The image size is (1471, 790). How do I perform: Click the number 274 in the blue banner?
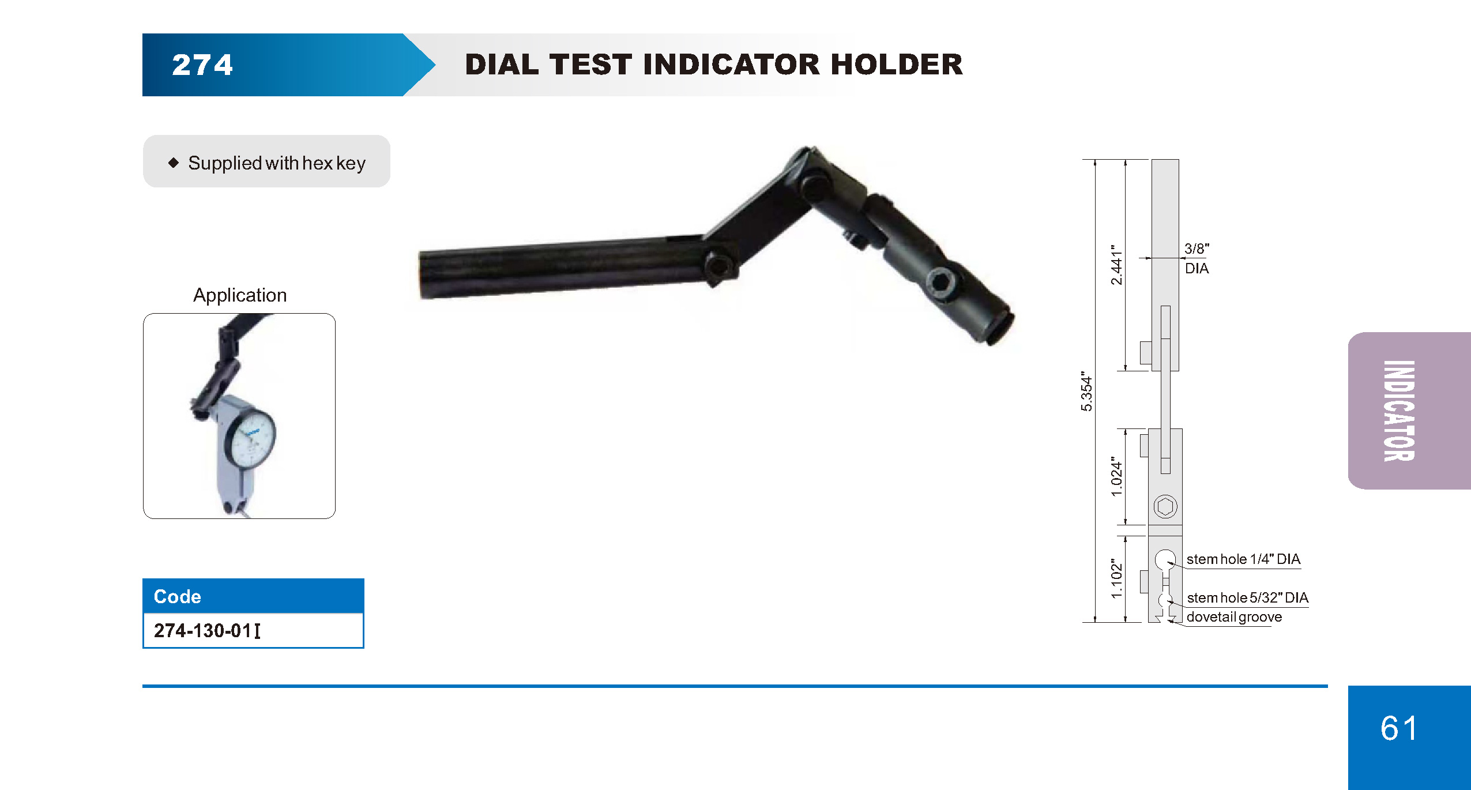point(202,65)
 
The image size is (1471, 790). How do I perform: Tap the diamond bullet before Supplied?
point(174,163)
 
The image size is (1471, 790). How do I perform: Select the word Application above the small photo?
point(240,295)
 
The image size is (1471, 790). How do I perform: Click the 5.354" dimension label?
point(1086,392)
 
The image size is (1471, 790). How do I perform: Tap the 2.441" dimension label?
point(1117,265)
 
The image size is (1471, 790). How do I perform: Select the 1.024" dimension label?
point(1117,476)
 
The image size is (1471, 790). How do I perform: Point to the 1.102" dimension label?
point(1117,578)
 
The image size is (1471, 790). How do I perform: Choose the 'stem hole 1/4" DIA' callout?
point(1243,559)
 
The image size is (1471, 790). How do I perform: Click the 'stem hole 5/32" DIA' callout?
point(1247,597)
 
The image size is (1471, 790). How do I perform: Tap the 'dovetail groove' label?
point(1234,617)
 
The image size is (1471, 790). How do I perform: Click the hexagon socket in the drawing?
point(1165,507)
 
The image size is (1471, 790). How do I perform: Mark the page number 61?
point(1399,728)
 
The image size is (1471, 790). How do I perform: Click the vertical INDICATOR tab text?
point(1399,411)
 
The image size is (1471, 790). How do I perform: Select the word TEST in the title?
point(590,64)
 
